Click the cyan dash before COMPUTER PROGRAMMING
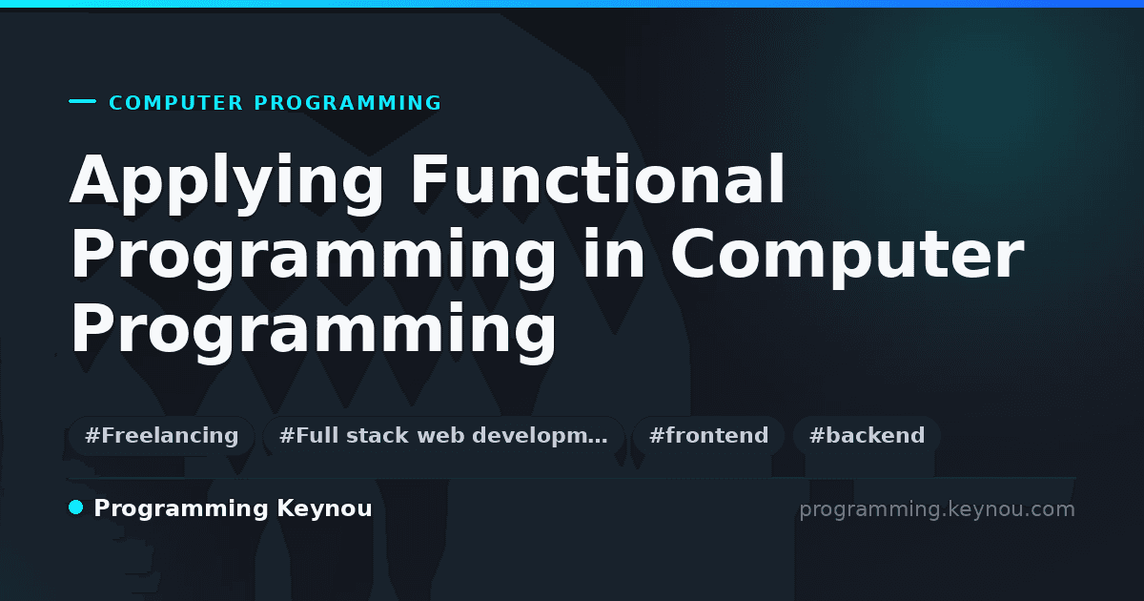(x=82, y=101)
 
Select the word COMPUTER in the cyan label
(x=176, y=103)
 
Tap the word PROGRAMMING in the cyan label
(x=347, y=103)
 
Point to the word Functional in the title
(x=598, y=179)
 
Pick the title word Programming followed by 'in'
(x=313, y=259)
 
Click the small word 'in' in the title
(x=613, y=254)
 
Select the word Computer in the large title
(x=848, y=259)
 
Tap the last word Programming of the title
(x=313, y=333)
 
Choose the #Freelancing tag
(x=161, y=436)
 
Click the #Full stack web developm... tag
(x=443, y=436)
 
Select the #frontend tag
(x=708, y=436)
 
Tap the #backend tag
(x=867, y=436)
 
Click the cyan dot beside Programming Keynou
(x=75, y=508)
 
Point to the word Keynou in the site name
(x=324, y=509)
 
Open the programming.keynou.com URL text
(x=937, y=510)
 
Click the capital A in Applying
(x=94, y=179)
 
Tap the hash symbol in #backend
(x=817, y=436)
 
